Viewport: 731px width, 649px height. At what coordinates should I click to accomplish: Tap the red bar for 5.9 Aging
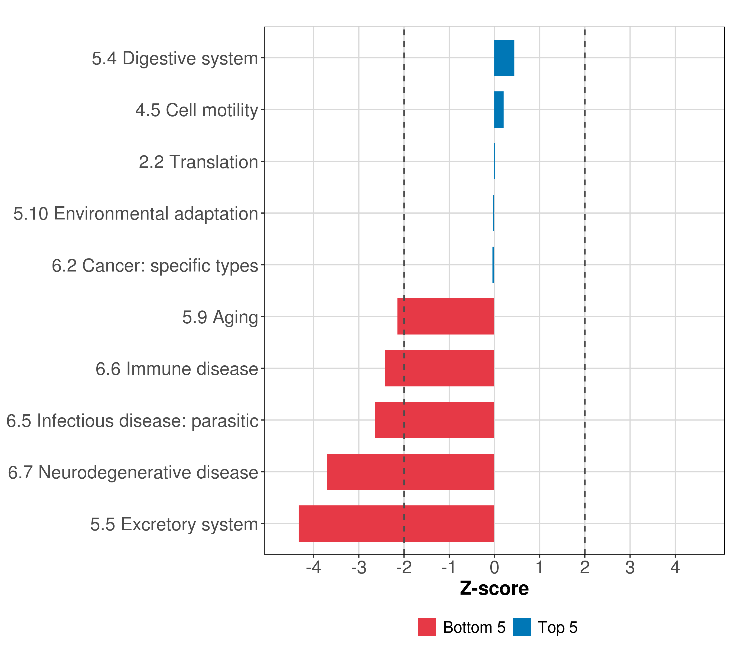446,316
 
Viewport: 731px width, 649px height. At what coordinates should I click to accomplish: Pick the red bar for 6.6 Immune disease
439,368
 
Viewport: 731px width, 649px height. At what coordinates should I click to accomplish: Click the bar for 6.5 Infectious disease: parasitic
435,420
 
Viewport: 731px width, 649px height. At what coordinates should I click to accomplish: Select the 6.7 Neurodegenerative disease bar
410,472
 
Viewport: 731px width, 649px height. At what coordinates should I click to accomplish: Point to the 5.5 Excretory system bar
396,524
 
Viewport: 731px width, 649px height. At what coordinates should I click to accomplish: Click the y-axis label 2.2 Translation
198,162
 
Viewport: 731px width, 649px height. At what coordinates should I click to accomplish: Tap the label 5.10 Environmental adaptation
136,214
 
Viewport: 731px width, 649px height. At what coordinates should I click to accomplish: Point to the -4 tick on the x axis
314,568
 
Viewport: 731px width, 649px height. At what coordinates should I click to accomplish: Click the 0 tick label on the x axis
494,568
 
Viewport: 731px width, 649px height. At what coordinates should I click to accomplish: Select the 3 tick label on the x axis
630,568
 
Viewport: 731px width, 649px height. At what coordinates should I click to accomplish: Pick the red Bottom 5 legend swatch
427,627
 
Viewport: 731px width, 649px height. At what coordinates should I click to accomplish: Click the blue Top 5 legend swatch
521,627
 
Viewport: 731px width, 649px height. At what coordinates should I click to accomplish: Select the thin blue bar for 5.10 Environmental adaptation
494,213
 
